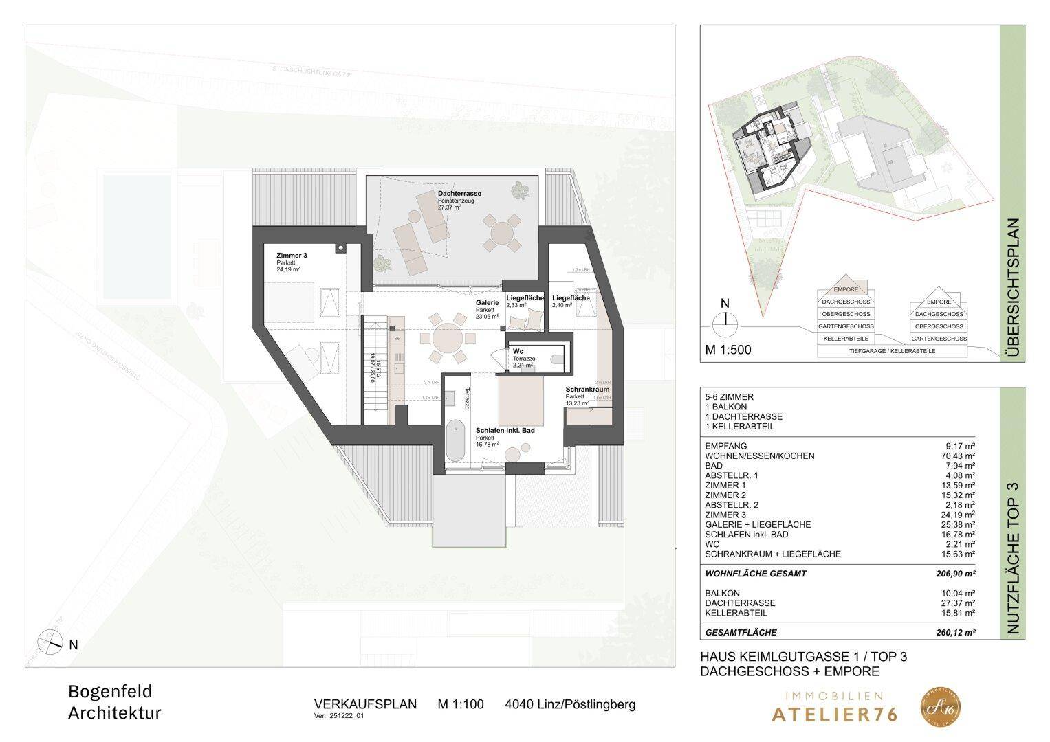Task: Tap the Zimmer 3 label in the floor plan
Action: pyautogui.click(x=292, y=256)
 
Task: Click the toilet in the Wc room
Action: pyautogui.click(x=557, y=358)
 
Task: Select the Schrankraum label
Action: pyautogui.click(x=587, y=390)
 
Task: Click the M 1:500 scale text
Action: pyautogui.click(x=728, y=350)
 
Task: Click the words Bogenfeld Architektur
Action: pyautogui.click(x=115, y=701)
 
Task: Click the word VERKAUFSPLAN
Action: pyautogui.click(x=365, y=704)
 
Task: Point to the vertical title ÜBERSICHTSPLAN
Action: pyautogui.click(x=1012, y=286)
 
